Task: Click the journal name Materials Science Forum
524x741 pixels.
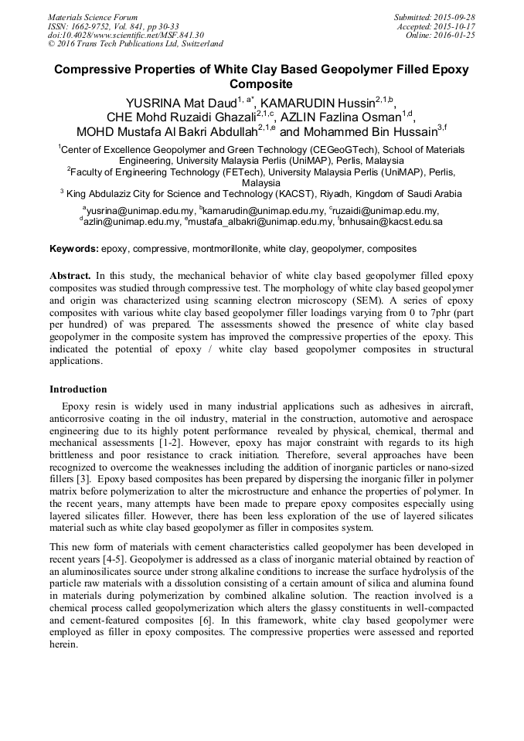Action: [x=93, y=16]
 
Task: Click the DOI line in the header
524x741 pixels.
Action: [x=126, y=35]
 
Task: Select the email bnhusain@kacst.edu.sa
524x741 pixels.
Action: [x=392, y=221]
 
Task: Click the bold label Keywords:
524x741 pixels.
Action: [x=74, y=249]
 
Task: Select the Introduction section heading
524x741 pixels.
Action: [x=78, y=389]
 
